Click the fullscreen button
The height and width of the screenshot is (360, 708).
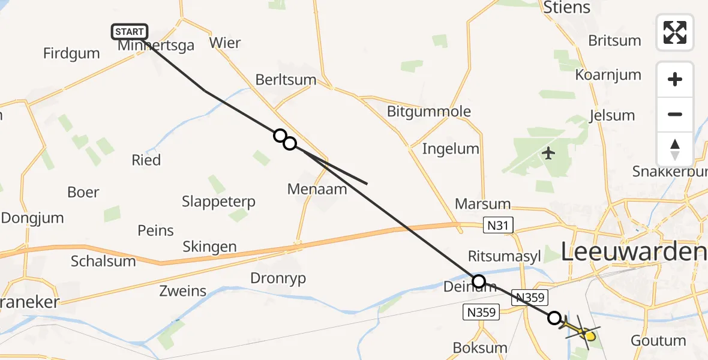675,32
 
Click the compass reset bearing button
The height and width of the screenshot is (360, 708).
675,149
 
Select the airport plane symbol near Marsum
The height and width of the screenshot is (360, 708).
548,154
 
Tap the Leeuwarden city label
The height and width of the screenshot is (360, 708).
633,252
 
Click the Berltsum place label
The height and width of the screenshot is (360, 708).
286,79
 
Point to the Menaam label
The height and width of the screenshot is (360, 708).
317,189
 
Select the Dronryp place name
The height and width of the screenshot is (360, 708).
278,278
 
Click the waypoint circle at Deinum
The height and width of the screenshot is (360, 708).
478,281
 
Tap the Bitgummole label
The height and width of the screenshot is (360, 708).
429,111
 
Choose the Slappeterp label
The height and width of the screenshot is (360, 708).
218,202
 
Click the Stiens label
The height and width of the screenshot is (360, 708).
566,8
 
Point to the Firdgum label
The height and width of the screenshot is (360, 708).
71,53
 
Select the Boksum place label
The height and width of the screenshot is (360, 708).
480,348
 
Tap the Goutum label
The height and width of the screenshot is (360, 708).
658,341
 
